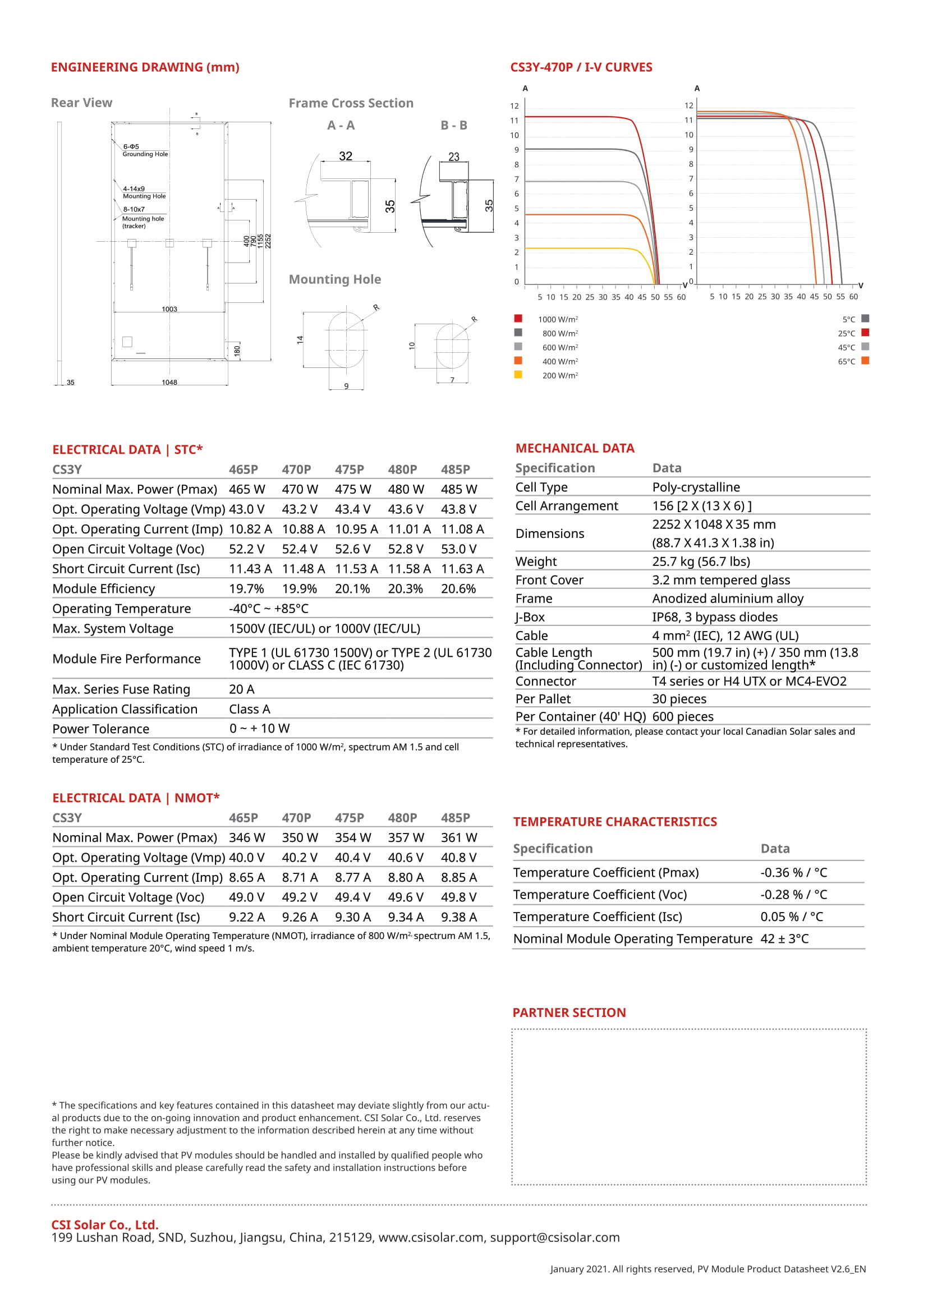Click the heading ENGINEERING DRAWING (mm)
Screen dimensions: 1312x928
pos(145,67)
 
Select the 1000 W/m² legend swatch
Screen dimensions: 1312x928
pos(518,318)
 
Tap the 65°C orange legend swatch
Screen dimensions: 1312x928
pos(865,361)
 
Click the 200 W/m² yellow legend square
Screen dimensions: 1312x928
pos(518,375)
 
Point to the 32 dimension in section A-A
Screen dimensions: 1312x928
pos(346,156)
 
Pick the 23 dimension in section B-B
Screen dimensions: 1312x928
pos(454,156)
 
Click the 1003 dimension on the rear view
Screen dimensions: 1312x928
pos(169,309)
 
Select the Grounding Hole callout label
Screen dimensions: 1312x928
pos(145,154)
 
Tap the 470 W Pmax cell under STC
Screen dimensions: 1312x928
pos(300,489)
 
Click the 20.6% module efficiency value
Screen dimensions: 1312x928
pos(458,588)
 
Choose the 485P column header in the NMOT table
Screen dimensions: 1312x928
pos(456,818)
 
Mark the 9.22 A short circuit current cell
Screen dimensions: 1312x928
pos(247,917)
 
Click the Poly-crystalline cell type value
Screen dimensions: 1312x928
pos(696,487)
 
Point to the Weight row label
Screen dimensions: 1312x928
pos(536,561)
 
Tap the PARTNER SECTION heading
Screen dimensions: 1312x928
pos(569,1012)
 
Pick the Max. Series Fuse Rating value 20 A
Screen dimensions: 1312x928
pos(242,689)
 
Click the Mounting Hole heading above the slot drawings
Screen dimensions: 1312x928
pos(335,279)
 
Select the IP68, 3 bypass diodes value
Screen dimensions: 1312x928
pos(715,617)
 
